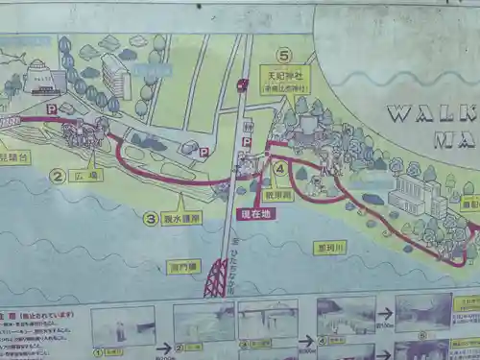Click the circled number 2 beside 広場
(x=57, y=176)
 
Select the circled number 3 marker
(x=151, y=218)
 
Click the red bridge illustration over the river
(x=215, y=279)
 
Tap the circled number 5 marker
(x=282, y=56)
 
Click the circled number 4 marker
(x=280, y=167)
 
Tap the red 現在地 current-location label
(x=256, y=213)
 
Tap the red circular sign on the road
(x=242, y=85)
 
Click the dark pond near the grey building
(x=372, y=199)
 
